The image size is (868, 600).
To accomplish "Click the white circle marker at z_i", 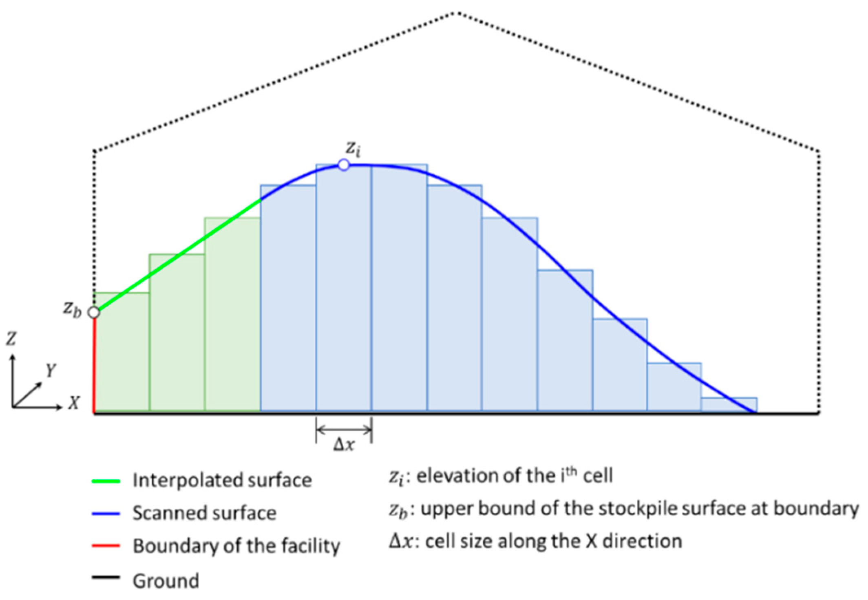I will (344, 165).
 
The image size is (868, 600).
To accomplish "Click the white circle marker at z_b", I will (94, 313).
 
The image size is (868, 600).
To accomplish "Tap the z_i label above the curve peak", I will (353, 151).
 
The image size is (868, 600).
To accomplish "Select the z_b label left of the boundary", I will (72, 309).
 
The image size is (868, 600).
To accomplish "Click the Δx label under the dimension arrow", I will (344, 445).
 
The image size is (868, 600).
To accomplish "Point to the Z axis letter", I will (11, 338).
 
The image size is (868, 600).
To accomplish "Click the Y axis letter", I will (51, 370).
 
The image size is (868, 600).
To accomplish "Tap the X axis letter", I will (73, 403).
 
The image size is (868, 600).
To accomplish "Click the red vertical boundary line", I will (94, 365).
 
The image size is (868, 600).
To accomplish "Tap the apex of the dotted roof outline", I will (455, 13).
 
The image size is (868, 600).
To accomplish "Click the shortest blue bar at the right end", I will (729, 405).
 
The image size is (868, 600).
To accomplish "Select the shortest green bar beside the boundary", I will (121, 353).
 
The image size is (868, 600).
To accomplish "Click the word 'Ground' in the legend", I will (166, 580).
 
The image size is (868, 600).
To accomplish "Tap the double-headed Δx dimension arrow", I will (344, 429).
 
